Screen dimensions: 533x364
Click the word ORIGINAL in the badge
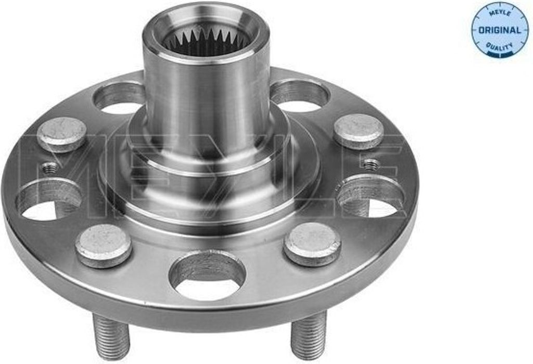point(499,30)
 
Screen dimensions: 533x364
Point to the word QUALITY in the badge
point(499,46)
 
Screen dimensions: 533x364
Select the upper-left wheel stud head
point(61,134)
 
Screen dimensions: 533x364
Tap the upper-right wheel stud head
point(359,131)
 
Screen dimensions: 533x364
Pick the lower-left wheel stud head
point(104,246)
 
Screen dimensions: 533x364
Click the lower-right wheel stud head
point(312,244)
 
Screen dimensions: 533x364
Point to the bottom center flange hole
point(207,275)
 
